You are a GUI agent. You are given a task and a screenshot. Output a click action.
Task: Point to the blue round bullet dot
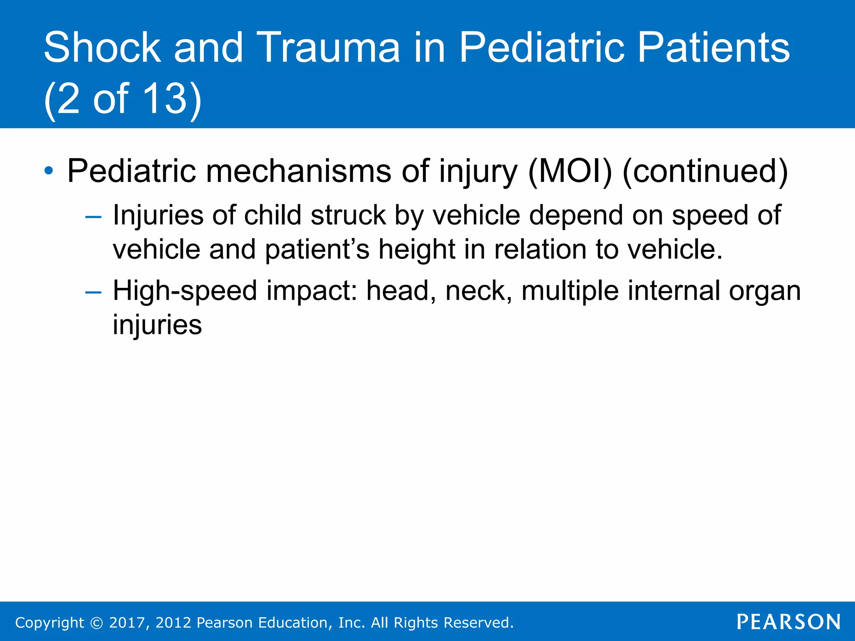click(49, 171)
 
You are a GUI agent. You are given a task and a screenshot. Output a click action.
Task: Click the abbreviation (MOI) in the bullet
click(570, 171)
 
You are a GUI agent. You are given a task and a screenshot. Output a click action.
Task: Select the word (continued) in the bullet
click(705, 171)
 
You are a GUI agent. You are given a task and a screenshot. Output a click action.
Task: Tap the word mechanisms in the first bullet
click(298, 171)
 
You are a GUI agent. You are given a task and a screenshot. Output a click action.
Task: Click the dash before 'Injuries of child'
click(93, 217)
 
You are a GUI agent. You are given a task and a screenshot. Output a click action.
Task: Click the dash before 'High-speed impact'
click(93, 292)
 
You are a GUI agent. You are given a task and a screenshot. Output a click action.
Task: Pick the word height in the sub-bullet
click(417, 250)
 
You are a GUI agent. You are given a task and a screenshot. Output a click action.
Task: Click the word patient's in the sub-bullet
click(317, 250)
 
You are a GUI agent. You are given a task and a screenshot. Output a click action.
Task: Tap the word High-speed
click(185, 291)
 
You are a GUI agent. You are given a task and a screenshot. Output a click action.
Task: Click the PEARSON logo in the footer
click(788, 622)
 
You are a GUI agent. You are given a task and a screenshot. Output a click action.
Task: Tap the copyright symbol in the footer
click(96, 623)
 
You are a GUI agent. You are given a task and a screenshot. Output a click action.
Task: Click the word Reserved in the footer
click(478, 623)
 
